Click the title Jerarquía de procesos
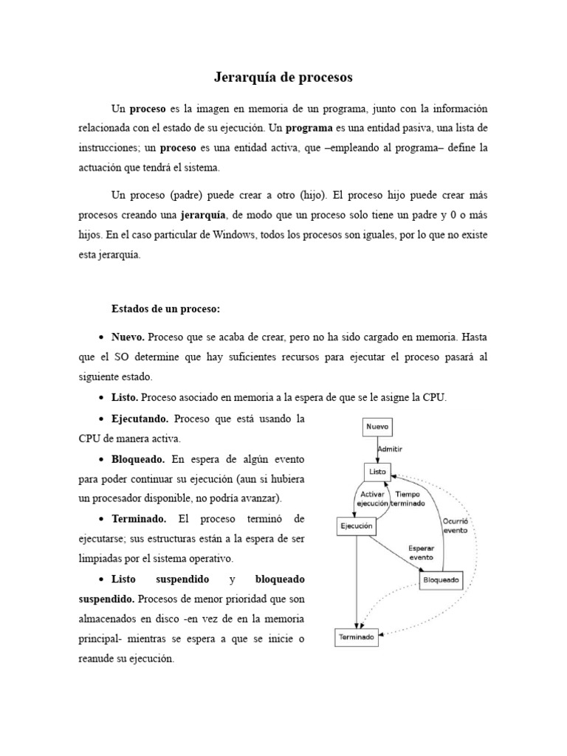[x=283, y=77]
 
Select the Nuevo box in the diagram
[x=377, y=427]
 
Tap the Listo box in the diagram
[x=377, y=470]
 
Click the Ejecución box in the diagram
[x=356, y=526]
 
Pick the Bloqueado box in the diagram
[x=441, y=580]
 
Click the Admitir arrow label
[x=390, y=448]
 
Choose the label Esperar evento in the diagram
[x=422, y=553]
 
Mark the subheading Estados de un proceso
[x=165, y=308]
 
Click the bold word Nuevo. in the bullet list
[x=128, y=337]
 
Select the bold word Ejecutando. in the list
[x=140, y=419]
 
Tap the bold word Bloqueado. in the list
[x=139, y=459]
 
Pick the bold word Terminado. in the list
[x=140, y=519]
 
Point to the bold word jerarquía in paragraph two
[x=205, y=216]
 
